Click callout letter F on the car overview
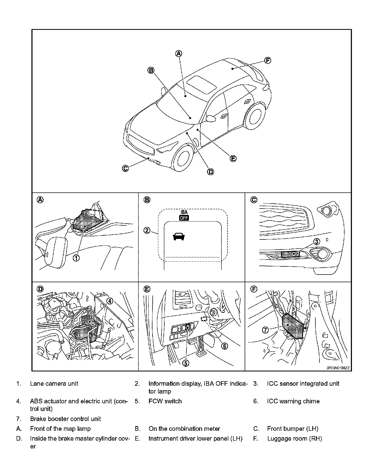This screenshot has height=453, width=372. click(x=268, y=61)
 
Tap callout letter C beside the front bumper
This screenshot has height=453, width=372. click(x=125, y=168)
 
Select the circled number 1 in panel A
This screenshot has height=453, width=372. click(x=76, y=258)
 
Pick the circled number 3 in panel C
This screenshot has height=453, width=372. click(x=317, y=241)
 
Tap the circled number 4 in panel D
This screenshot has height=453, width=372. click(x=110, y=301)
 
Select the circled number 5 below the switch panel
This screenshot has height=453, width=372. click(x=186, y=363)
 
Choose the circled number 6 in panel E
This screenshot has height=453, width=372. click(x=224, y=346)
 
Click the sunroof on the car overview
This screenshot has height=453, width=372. click(x=201, y=84)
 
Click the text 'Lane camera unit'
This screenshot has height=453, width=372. click(x=54, y=384)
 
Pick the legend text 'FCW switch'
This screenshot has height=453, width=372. click(x=165, y=401)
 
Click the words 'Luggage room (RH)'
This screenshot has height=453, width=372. click(x=295, y=438)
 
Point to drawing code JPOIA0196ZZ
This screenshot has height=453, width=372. click(x=338, y=367)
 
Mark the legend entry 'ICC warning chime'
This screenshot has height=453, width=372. click(x=293, y=401)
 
